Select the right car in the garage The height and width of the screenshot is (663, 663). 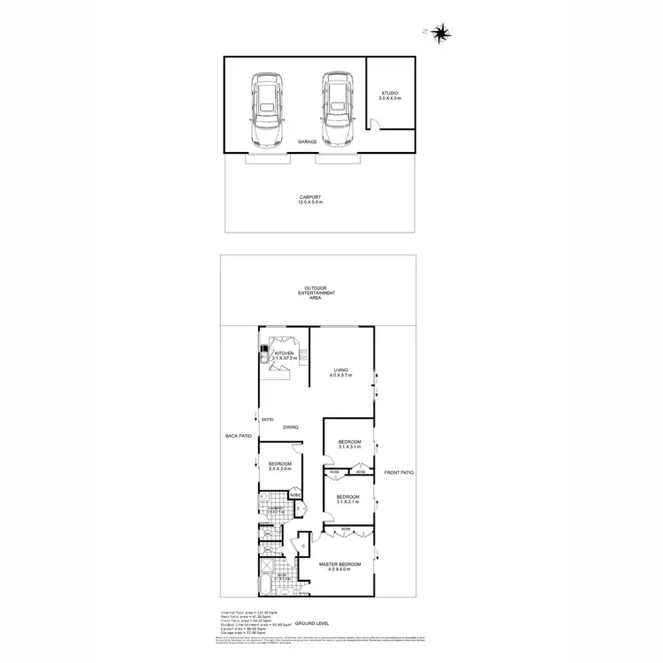coord(336,110)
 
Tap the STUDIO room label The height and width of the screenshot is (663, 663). coord(390,95)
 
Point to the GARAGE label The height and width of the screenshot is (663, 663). coord(307,141)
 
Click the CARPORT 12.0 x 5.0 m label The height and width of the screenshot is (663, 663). coord(310,200)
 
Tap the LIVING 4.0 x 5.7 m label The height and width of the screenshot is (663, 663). coord(342,373)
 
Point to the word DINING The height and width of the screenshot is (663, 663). coord(291,428)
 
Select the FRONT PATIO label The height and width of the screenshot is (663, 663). coord(399,473)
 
